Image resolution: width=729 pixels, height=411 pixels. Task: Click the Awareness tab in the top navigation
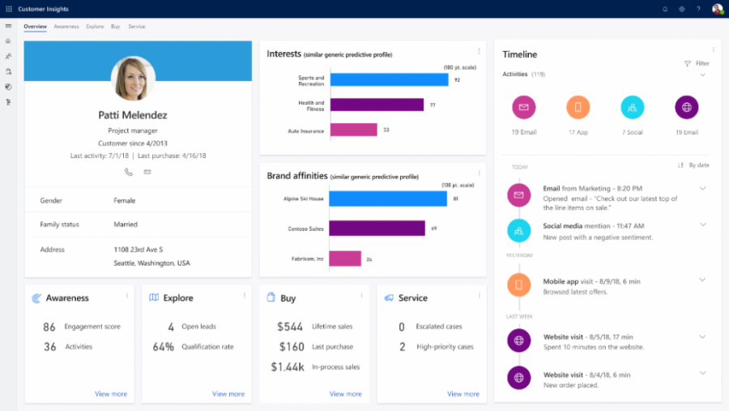[66, 27]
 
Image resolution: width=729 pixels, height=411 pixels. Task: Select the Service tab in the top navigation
[136, 27]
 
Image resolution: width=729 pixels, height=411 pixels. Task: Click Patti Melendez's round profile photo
[133, 79]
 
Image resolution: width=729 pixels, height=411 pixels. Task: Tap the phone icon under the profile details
[128, 172]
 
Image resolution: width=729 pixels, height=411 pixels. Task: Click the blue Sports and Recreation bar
[389, 79]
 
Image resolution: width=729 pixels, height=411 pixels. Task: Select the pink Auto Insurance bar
[353, 130]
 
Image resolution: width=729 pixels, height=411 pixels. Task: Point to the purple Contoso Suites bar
[377, 229]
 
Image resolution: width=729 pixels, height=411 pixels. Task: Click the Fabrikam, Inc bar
[345, 259]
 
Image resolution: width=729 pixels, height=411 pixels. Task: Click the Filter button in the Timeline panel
[697, 63]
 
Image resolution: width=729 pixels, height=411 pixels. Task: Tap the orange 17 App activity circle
[578, 107]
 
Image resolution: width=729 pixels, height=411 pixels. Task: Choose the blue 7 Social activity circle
[633, 107]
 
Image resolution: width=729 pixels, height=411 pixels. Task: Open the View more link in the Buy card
[346, 394]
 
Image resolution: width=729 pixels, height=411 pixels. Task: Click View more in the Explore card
[228, 394]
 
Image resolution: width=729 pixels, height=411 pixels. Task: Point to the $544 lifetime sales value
[290, 327]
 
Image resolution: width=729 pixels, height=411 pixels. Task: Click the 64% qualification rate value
[163, 347]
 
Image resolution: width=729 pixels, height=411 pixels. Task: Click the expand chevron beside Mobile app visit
[702, 280]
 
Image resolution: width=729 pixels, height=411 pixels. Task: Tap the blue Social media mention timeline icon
[518, 231]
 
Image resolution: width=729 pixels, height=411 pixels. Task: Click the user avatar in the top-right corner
[717, 9]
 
